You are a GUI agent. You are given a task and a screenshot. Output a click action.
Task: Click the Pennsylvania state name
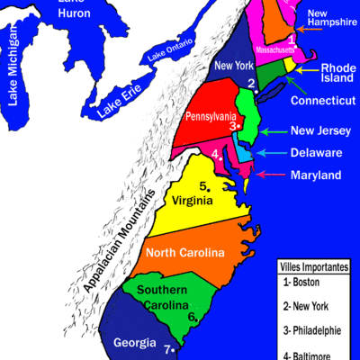click(x=211, y=117)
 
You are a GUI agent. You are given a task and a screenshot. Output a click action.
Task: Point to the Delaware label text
click(x=316, y=153)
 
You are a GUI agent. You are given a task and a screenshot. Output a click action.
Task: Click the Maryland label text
click(x=315, y=175)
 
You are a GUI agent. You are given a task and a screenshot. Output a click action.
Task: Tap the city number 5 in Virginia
click(x=204, y=186)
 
